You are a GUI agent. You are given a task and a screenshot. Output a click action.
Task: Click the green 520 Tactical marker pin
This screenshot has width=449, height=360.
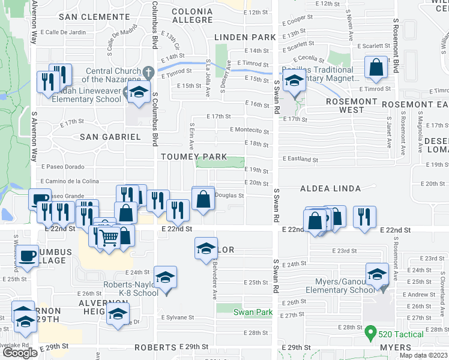click(372, 331)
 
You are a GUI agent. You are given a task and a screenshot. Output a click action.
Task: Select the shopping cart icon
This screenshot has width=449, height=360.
click(108, 238)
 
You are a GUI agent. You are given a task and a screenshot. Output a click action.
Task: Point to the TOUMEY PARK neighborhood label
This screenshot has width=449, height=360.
click(193, 157)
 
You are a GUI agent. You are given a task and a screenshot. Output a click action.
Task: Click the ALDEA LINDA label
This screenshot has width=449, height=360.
click(331, 188)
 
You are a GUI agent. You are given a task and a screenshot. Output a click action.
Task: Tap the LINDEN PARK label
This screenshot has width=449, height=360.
click(245, 37)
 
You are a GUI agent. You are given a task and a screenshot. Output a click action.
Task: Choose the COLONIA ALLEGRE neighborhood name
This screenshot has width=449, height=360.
click(191, 16)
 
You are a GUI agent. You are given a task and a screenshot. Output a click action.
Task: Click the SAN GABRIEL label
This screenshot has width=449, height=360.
click(110, 137)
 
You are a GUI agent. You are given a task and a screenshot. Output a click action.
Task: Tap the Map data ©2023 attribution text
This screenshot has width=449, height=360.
click(423, 356)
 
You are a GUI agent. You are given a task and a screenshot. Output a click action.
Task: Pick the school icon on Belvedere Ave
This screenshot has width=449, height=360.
click(205, 248)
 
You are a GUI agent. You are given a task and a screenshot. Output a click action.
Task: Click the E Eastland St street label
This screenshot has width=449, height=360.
click(300, 160)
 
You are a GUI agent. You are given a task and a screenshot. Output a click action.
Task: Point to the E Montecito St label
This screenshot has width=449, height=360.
click(249, 130)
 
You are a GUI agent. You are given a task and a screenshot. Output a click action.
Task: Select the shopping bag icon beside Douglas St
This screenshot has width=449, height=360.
click(203, 198)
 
